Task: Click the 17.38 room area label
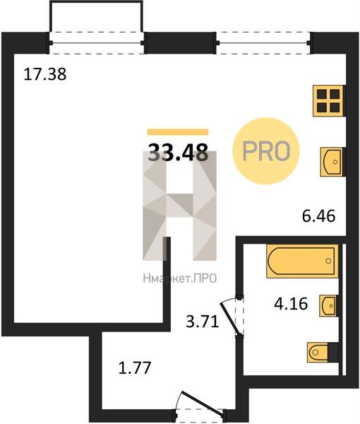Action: pyautogui.click(x=45, y=74)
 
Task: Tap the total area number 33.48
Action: pyautogui.click(x=179, y=152)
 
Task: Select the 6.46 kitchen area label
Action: pyautogui.click(x=318, y=216)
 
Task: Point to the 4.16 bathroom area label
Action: pyautogui.click(x=291, y=303)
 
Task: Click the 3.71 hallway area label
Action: pyautogui.click(x=203, y=322)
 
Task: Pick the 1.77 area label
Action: pyautogui.click(x=135, y=368)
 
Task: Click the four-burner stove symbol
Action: pyautogui.click(x=329, y=101)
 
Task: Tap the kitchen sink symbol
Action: pyautogui.click(x=332, y=162)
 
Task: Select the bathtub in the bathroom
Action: pyautogui.click(x=302, y=261)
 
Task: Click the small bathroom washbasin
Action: pyautogui.click(x=328, y=305)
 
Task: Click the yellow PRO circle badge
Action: pyautogui.click(x=266, y=151)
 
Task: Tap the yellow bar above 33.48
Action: pyautogui.click(x=178, y=131)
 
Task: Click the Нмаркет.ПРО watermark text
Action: pyautogui.click(x=180, y=278)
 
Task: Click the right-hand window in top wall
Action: pyautogui.click(x=263, y=42)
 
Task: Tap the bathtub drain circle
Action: pyautogui.click(x=328, y=261)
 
